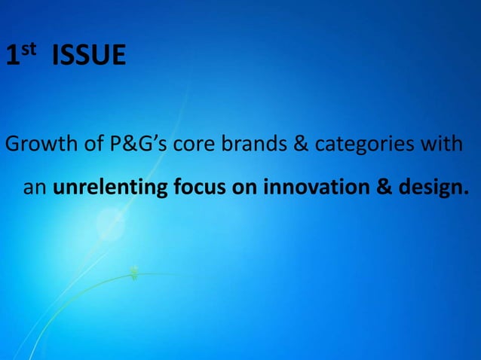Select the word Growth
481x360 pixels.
(40, 145)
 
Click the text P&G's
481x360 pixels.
(139, 145)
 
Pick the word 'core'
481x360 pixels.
(195, 145)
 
